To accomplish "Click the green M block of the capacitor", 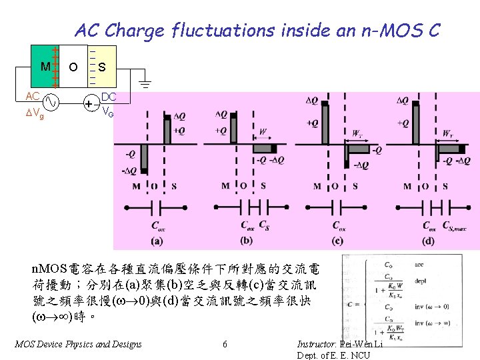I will [x=44, y=67].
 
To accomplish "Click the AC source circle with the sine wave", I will [x=51, y=103].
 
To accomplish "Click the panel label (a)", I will [x=157, y=240].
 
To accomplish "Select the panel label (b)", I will [x=247, y=240].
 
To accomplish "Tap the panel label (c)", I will [x=338, y=240].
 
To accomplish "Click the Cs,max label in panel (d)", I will [x=456, y=226].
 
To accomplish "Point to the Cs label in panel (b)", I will [x=264, y=225].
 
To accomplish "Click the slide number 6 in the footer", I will [x=225, y=344].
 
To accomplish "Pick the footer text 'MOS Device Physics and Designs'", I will [x=78, y=344].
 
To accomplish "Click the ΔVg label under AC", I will [x=35, y=115].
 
